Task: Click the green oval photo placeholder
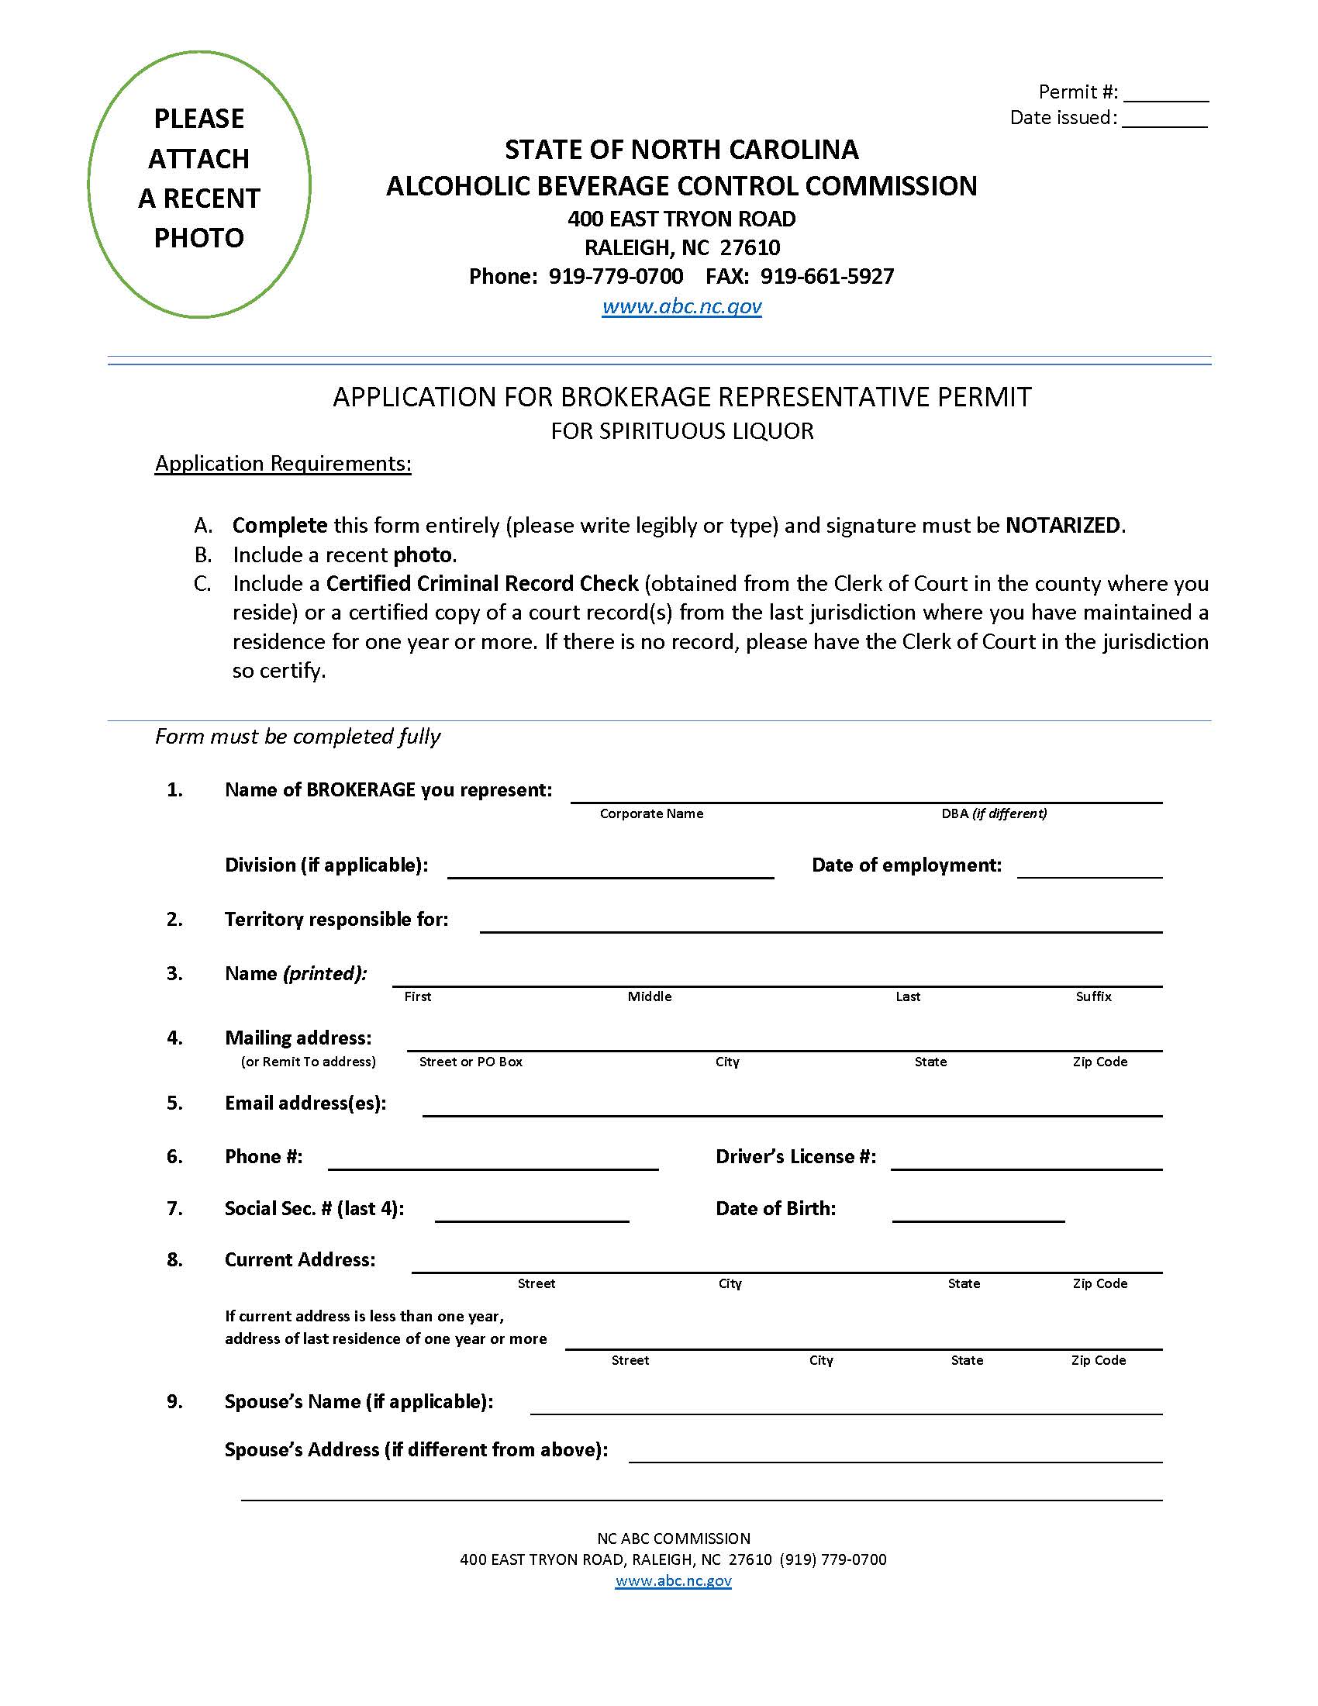click(199, 185)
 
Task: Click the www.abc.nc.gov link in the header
click(681, 306)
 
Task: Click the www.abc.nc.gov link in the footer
click(673, 1581)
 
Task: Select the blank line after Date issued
click(1165, 120)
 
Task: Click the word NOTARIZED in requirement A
click(1063, 525)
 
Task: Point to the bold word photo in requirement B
click(423, 554)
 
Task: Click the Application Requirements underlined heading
click(283, 463)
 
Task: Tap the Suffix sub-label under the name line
click(1093, 996)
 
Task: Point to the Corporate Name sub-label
click(651, 814)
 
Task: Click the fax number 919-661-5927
click(827, 277)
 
